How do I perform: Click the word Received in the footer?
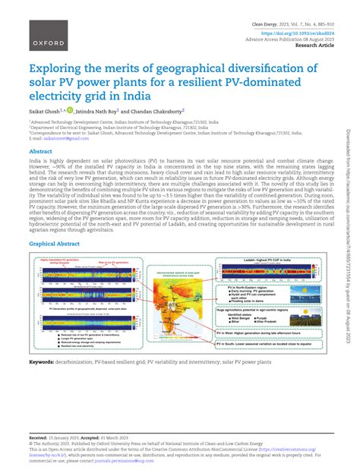(37, 439)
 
